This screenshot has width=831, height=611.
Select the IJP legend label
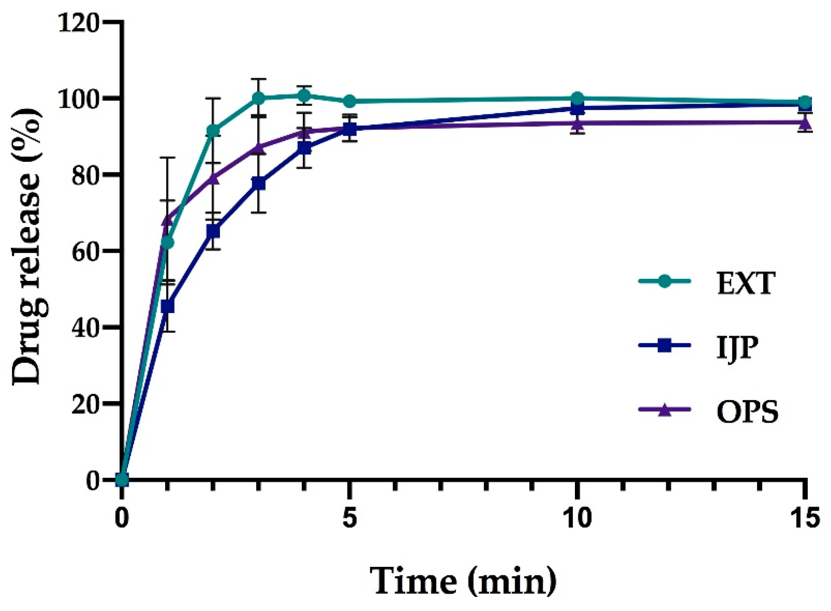737,347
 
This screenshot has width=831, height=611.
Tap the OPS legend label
747,412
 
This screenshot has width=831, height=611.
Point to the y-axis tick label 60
86,251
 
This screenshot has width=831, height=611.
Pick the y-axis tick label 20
86,404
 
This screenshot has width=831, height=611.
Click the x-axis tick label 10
577,518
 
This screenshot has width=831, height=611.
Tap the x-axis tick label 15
805,518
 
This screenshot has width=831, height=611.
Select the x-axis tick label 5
350,518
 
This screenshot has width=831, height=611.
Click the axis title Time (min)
463,581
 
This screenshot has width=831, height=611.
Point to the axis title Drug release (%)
28,246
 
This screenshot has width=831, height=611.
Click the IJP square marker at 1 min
168,306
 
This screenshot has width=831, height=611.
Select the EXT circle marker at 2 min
213,131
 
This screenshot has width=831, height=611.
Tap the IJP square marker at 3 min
259,183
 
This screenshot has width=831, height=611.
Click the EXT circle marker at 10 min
577,98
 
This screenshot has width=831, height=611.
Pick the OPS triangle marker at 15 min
805,122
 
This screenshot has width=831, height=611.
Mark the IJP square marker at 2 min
213,231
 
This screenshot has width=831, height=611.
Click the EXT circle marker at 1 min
168,243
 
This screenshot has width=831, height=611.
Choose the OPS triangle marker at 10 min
577,122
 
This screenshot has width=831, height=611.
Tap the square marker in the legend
664,346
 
